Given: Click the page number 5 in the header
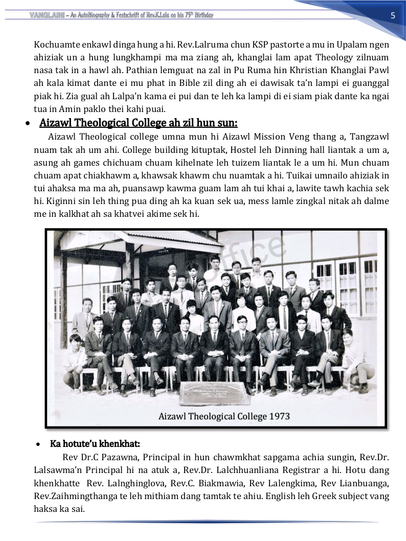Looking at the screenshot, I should [393, 15].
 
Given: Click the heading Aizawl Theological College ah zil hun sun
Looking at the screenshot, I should [138, 123].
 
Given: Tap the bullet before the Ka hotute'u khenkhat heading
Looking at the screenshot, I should [39, 443].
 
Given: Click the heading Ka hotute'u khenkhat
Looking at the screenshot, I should [95, 443].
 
